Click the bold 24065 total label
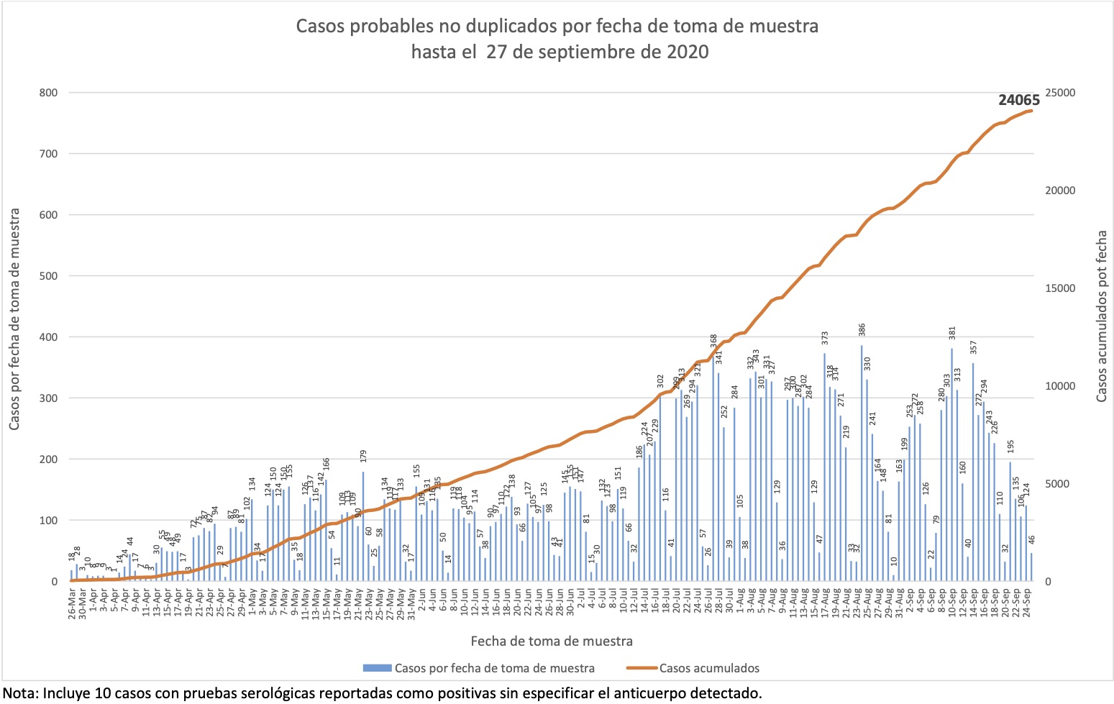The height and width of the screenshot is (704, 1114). click(1018, 100)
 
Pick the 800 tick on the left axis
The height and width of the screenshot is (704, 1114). click(50, 93)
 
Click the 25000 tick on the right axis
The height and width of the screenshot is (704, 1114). click(1060, 93)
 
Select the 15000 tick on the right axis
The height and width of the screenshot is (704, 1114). click(1060, 288)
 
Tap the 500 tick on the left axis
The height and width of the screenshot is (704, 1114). click(50, 276)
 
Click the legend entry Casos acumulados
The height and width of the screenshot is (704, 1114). click(708, 668)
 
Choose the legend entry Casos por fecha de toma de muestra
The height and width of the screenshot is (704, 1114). click(494, 668)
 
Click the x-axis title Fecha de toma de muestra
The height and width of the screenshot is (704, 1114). click(552, 641)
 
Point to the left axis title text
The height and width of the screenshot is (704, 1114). click(15, 320)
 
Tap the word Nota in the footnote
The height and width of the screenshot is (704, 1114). click(17, 693)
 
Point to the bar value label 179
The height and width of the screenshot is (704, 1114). click(364, 456)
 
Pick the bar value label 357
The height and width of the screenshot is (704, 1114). click(973, 347)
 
